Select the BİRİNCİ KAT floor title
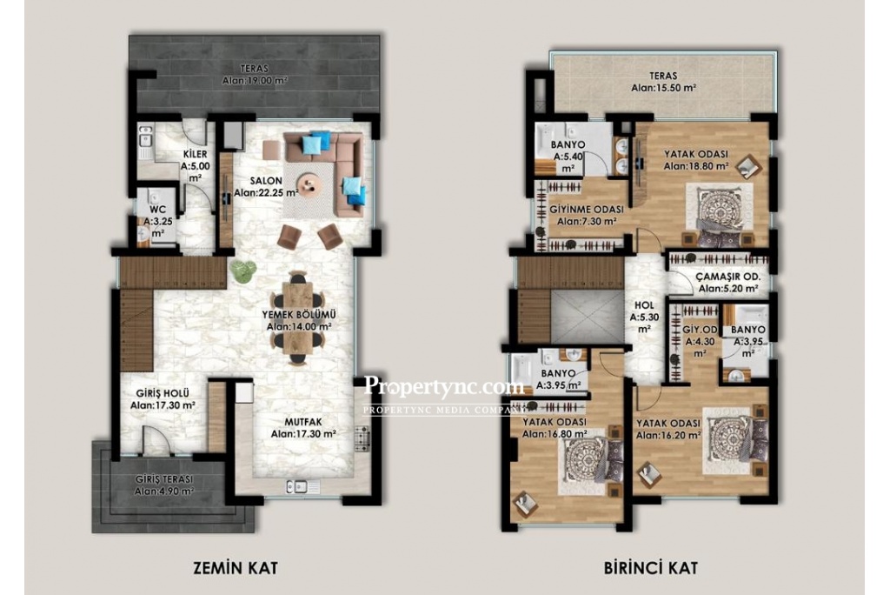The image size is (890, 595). point(651,567)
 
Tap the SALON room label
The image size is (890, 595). point(266,181)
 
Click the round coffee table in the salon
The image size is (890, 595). point(310,184)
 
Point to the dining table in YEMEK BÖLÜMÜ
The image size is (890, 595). point(297,318)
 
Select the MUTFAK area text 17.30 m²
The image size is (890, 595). point(303,433)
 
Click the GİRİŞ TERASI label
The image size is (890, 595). point(164,479)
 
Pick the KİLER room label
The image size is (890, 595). point(195,155)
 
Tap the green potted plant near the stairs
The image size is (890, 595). point(242,271)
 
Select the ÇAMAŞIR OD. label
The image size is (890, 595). point(728,277)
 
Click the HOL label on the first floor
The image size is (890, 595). point(644,305)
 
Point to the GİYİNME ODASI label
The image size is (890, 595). point(587,210)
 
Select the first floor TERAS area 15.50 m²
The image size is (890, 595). point(664,88)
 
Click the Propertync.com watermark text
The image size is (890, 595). point(443,386)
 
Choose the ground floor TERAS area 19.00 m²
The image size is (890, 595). point(255,81)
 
